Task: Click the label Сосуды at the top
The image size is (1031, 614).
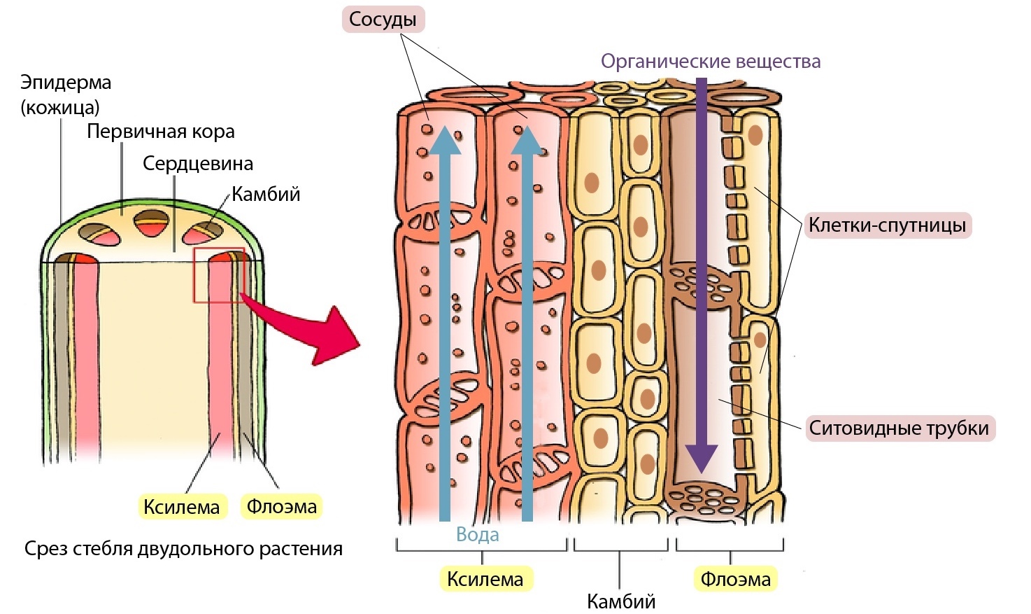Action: tap(383, 20)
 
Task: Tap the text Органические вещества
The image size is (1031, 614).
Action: tap(710, 62)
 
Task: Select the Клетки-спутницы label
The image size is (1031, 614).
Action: tap(887, 225)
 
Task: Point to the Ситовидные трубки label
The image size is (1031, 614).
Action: tap(899, 428)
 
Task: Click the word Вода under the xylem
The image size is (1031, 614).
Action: tap(478, 535)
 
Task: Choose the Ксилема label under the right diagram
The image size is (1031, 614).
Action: tap(485, 579)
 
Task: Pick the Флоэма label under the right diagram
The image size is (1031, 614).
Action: tap(735, 579)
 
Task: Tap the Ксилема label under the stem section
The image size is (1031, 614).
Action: tap(181, 507)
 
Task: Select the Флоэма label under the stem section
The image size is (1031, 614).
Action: tap(281, 506)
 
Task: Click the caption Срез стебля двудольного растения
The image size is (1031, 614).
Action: tap(183, 548)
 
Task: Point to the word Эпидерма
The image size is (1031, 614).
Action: tap(66, 83)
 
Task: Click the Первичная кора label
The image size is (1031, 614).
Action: tap(160, 132)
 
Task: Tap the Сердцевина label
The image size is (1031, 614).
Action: tap(198, 164)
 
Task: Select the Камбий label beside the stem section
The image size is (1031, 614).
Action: tap(266, 194)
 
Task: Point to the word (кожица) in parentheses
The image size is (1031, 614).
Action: tap(60, 107)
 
